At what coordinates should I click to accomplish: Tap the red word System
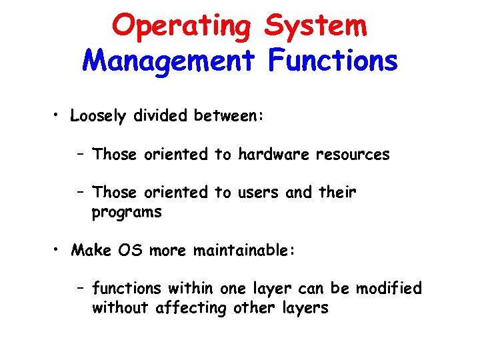[x=315, y=27]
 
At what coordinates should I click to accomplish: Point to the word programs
[x=127, y=213]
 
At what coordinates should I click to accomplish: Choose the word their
[x=338, y=193]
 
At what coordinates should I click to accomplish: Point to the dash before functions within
[x=80, y=289]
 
